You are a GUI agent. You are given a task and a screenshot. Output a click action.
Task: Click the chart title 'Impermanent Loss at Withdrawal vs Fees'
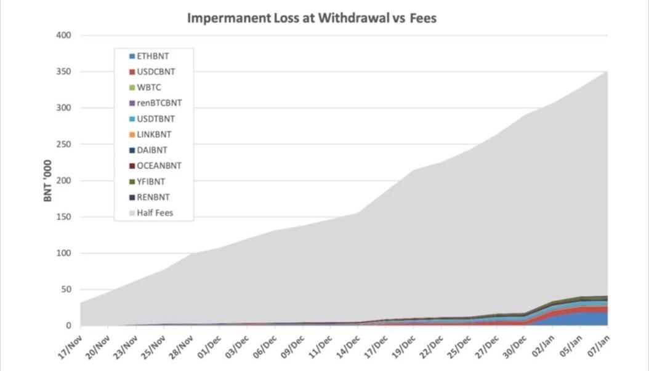[312, 18]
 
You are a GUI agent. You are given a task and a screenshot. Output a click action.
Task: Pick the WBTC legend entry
[148, 87]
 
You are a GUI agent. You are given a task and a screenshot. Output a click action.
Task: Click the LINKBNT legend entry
[153, 134]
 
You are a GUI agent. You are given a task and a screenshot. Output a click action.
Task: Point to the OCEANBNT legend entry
[158, 166]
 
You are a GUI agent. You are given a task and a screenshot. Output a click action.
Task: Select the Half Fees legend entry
[155, 213]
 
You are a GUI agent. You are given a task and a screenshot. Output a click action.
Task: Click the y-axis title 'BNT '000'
[47, 180]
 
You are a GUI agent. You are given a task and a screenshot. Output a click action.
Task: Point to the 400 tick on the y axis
[65, 36]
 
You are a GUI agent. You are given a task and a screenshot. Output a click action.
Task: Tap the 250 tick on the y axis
[65, 145]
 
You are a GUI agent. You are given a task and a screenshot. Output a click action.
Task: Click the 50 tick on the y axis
[67, 289]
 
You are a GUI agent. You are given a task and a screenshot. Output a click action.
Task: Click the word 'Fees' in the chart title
[423, 18]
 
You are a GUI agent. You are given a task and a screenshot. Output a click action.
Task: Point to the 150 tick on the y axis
[65, 217]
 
